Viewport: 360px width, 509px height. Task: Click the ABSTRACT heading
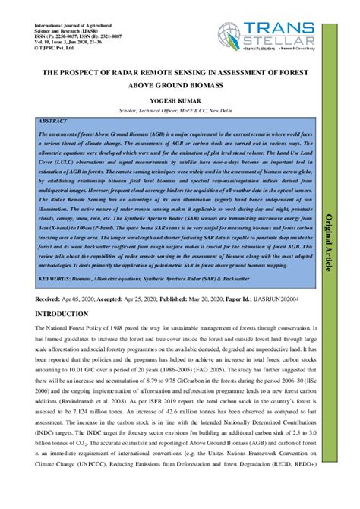pyautogui.click(x=52, y=122)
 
